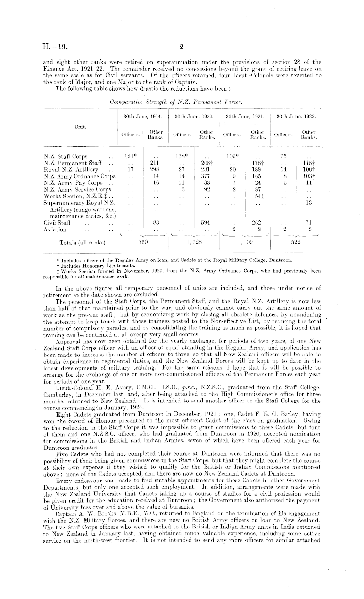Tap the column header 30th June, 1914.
coord(142,116)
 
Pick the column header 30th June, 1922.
coord(296,116)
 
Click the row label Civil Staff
coord(55,223)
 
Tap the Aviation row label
coord(55,229)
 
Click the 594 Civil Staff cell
coord(207,223)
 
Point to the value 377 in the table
coord(207,176)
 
